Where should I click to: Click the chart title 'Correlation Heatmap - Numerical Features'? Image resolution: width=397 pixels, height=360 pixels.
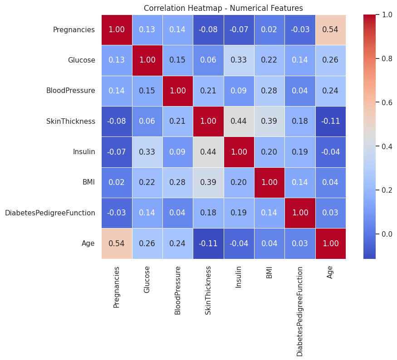pyautogui.click(x=223, y=8)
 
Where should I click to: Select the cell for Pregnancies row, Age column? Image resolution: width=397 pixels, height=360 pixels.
pyautogui.click(x=330, y=30)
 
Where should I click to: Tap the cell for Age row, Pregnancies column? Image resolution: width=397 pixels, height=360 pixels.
pyautogui.click(x=117, y=243)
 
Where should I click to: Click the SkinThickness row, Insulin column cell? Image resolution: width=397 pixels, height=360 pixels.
pyautogui.click(x=239, y=122)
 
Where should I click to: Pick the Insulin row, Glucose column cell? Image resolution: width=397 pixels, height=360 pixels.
pyautogui.click(x=147, y=152)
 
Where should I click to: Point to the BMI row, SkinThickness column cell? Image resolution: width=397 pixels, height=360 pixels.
pyautogui.click(x=208, y=182)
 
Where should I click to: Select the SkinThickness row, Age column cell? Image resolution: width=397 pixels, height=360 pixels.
pyautogui.click(x=330, y=122)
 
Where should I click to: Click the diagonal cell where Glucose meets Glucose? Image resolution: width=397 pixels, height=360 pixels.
pyautogui.click(x=147, y=60)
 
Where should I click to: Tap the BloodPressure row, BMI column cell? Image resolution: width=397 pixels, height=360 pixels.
pyautogui.click(x=269, y=91)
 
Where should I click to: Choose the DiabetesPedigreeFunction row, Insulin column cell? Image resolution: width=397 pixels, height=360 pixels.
pyautogui.click(x=239, y=213)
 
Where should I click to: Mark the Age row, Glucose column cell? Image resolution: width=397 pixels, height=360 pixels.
pyautogui.click(x=147, y=243)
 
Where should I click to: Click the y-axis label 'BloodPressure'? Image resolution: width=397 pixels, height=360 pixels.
pyautogui.click(x=71, y=91)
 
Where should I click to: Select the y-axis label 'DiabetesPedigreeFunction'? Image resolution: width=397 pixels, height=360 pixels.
pyautogui.click(x=50, y=213)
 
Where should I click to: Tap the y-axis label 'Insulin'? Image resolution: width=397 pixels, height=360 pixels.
pyautogui.click(x=84, y=152)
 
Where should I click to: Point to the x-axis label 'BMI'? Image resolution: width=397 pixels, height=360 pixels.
pyautogui.click(x=269, y=272)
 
